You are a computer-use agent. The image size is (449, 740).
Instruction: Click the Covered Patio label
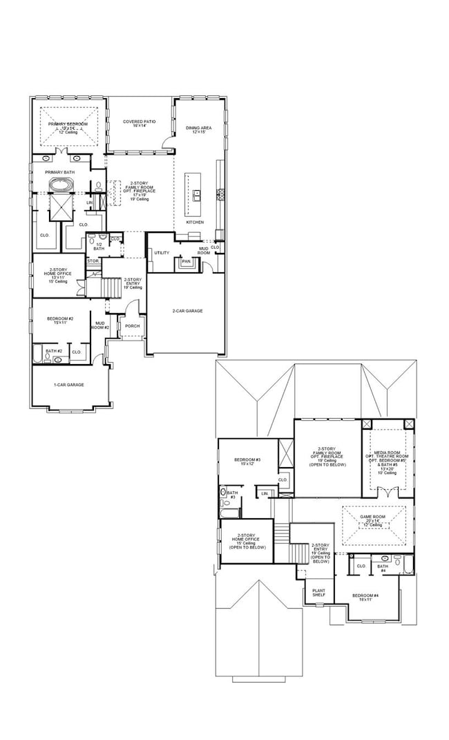coord(139,123)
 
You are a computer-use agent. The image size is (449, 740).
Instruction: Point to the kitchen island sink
coord(196,193)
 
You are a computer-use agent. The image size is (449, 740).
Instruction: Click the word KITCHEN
coord(195,222)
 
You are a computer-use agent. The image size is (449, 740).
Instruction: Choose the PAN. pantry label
coord(185,261)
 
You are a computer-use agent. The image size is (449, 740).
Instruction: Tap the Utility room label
coord(162,253)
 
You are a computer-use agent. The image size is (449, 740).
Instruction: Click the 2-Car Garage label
coord(187,311)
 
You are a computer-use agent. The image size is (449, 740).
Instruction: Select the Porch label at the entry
coord(132,326)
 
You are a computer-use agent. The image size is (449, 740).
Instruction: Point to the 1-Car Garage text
coord(69,385)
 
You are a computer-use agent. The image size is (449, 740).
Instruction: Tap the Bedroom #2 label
coord(61,320)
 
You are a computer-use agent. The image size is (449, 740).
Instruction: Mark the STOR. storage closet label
coord(93,261)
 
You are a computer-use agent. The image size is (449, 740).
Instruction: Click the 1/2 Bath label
coord(99,246)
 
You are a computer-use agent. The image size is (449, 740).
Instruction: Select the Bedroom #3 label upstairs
coord(247,462)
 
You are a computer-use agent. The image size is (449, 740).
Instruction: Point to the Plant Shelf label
coord(318,593)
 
